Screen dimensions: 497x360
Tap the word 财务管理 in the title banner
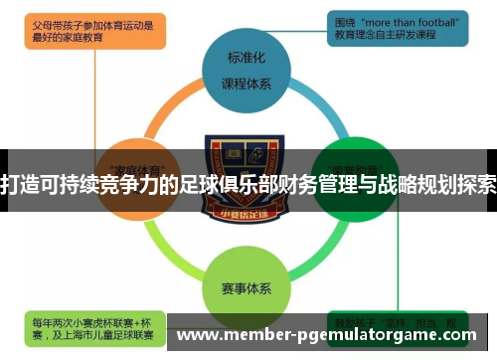click(x=303, y=184)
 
